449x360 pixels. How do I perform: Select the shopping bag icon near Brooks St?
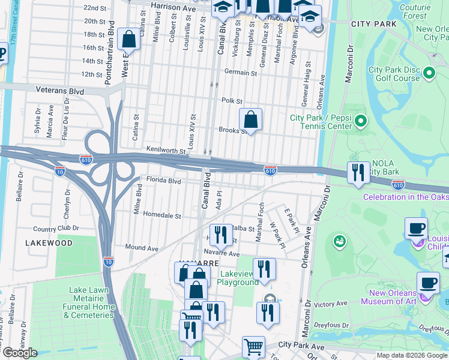pos(251,119)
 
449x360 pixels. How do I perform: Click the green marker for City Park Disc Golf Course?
pos(429,73)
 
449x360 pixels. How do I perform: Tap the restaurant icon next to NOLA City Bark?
pos(358,173)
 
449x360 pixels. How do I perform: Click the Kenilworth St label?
pos(166,149)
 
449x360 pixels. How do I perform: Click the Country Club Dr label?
pos(56,229)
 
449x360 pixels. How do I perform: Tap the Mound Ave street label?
pos(141,247)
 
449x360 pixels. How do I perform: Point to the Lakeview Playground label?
pos(237,278)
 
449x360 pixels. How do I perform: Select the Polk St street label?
pos(231,101)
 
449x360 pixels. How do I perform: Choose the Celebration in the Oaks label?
pos(405,197)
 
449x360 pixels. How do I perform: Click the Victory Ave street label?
pos(330,304)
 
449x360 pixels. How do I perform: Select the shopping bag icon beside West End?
pos(129,40)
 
